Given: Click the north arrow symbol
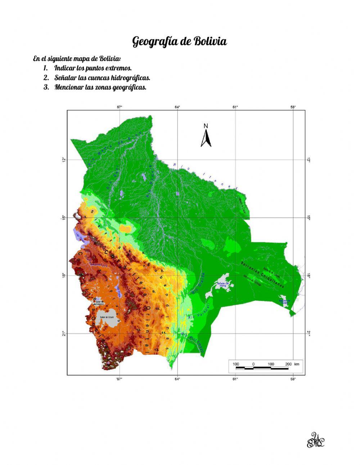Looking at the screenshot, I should [x=206, y=136].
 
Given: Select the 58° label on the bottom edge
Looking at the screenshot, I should [x=293, y=379].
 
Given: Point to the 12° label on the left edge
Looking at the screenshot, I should [x=63, y=160].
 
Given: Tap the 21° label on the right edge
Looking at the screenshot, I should [x=309, y=334].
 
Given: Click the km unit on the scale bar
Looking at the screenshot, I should [x=297, y=364].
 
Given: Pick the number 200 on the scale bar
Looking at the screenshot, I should [x=288, y=364].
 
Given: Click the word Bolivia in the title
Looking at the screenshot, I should [x=210, y=41].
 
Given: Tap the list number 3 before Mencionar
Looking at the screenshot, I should [x=46, y=87].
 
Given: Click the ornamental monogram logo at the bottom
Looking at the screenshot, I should [x=315, y=440].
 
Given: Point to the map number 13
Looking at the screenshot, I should [x=157, y=350].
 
